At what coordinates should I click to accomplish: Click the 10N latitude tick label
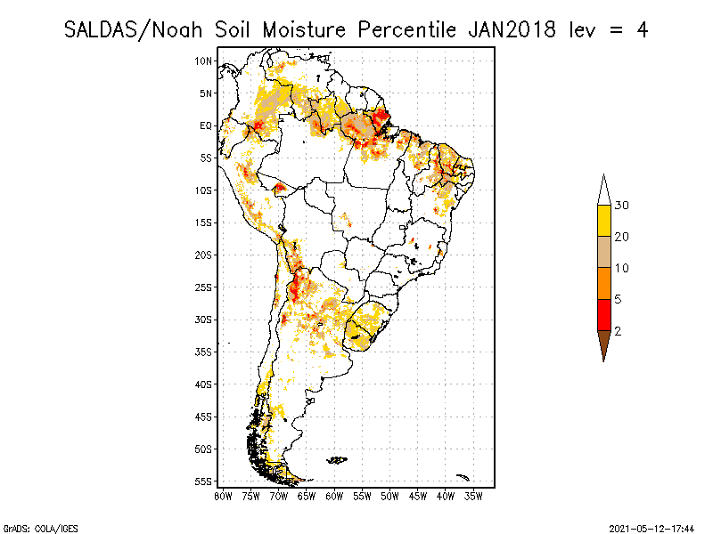[x=204, y=61]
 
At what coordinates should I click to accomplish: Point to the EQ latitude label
[x=206, y=125]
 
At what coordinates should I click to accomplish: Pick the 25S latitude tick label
[x=204, y=287]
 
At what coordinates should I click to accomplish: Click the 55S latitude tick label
[x=204, y=481]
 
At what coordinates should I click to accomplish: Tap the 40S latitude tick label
[x=204, y=384]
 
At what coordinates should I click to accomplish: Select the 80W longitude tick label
[x=223, y=495]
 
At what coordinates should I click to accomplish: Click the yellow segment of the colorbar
[x=603, y=221]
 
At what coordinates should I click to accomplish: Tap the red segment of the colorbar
[x=603, y=314]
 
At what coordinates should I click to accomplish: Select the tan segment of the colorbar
[x=603, y=252]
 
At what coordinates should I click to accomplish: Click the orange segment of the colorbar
[x=603, y=283]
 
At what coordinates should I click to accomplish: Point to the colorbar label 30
[x=622, y=206]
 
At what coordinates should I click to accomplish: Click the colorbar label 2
[x=618, y=330]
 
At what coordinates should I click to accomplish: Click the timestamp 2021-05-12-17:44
[x=652, y=527]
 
